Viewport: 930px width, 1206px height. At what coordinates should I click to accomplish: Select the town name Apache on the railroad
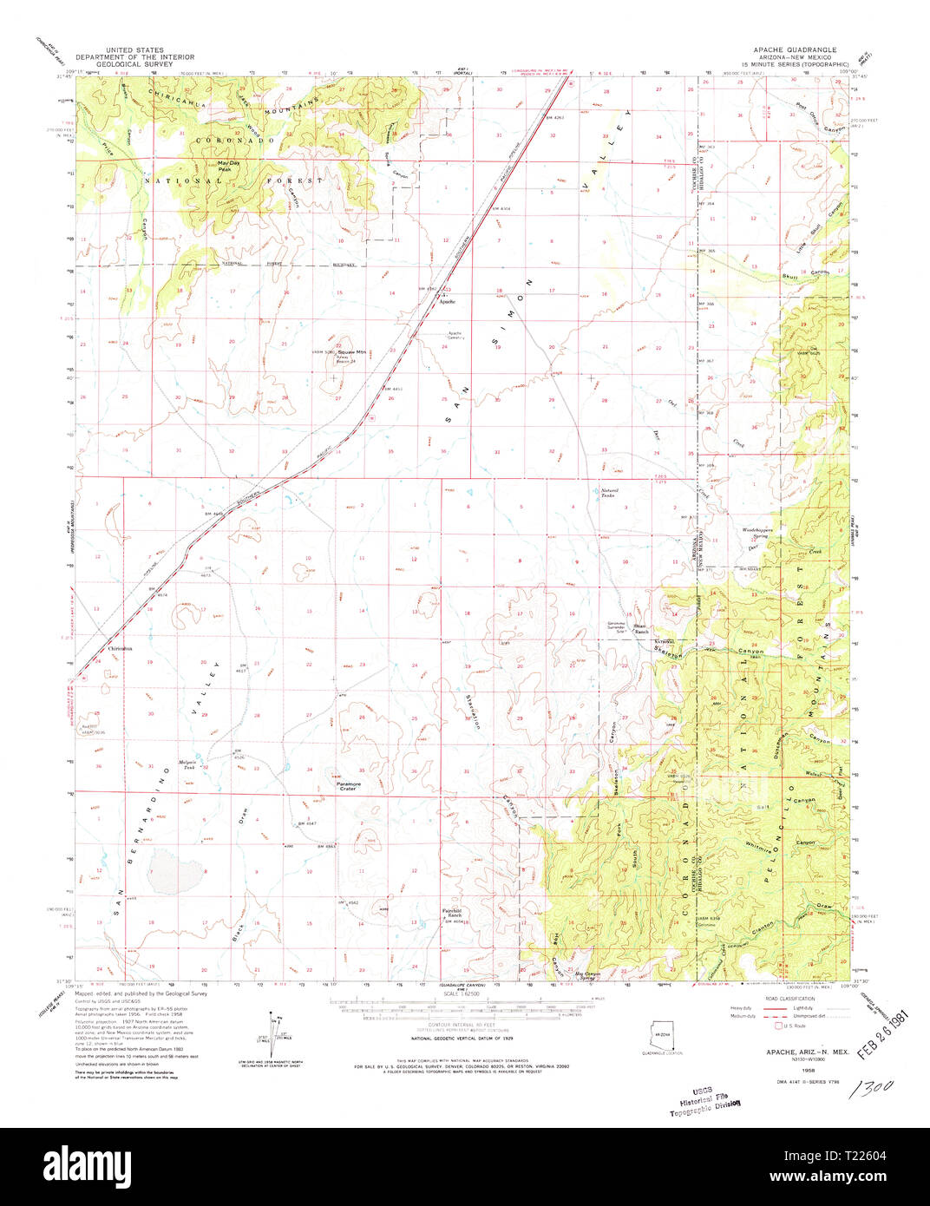click(447, 302)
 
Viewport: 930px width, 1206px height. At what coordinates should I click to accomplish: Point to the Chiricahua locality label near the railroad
click(120, 648)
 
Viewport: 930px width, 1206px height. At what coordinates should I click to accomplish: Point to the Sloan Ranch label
click(640, 629)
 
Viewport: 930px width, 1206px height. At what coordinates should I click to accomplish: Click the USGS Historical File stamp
click(704, 1100)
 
